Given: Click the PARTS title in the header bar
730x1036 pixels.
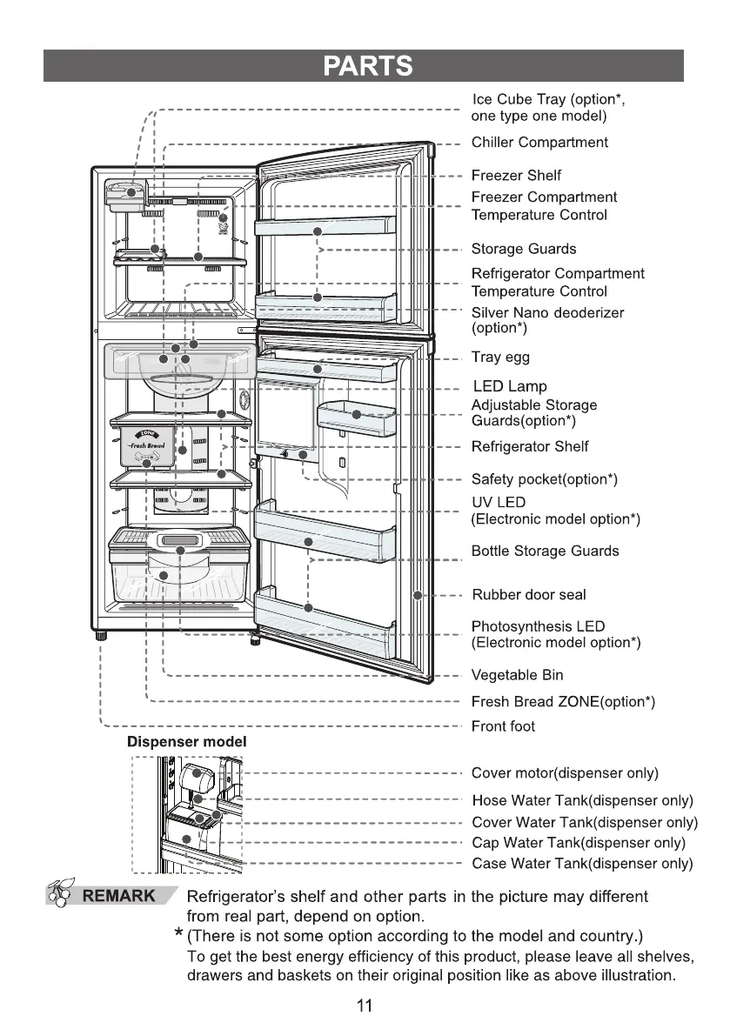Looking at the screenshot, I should click(x=365, y=66).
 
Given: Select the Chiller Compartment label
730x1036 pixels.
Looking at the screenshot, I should click(x=539, y=142).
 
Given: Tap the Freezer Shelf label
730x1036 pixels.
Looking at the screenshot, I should click(x=516, y=175).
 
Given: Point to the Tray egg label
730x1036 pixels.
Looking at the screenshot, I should click(x=500, y=357).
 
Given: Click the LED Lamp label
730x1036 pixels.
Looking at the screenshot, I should click(x=510, y=385).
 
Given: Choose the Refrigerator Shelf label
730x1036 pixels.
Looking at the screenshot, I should click(x=529, y=446).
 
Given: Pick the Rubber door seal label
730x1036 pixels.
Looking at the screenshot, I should click(x=528, y=595).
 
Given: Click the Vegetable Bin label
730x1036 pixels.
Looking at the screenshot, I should click(x=517, y=675).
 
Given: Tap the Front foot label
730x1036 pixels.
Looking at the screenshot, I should click(x=503, y=726).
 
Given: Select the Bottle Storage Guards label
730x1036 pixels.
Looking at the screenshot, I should click(x=545, y=551).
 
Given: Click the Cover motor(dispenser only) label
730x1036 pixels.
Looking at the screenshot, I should click(x=565, y=773).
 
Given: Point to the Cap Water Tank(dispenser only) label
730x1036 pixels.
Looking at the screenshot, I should click(x=579, y=843).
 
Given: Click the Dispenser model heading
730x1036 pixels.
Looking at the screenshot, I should click(x=187, y=742).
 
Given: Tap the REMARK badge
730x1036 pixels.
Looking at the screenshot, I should click(x=118, y=896).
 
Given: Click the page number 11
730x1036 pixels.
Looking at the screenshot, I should click(x=365, y=1006).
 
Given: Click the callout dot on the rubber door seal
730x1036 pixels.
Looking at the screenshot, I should click(x=419, y=596).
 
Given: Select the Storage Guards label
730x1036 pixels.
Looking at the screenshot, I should click(x=523, y=249).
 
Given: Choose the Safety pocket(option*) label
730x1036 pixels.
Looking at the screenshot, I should click(x=544, y=479).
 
